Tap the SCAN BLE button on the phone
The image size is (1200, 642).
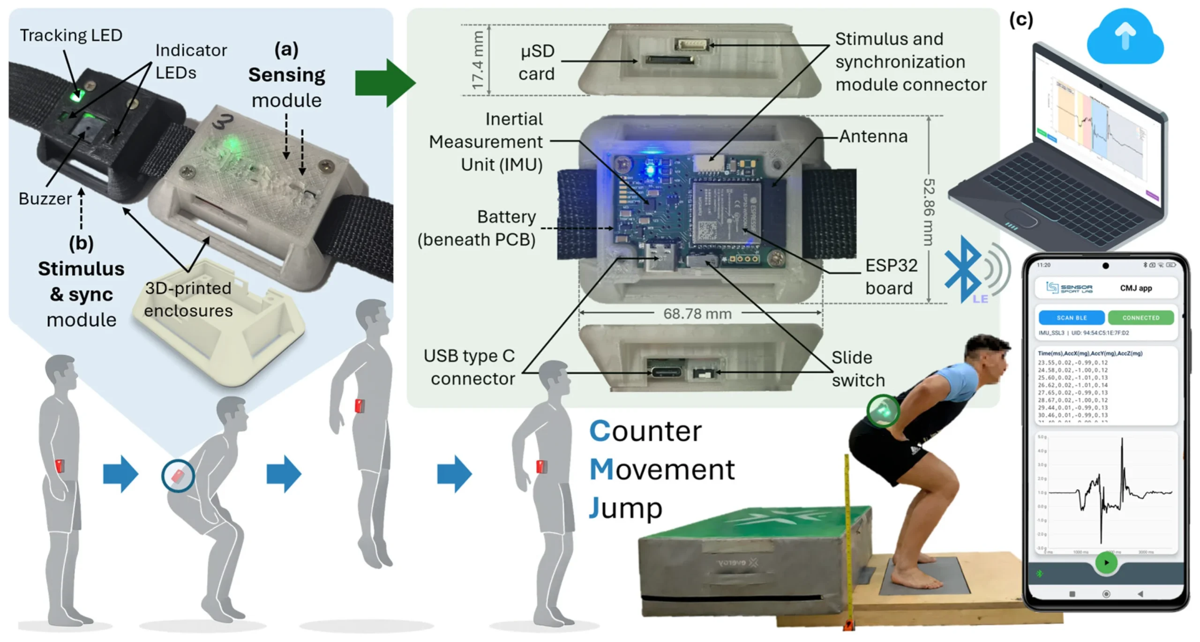click(x=1071, y=317)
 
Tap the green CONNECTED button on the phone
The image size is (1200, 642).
click(x=1140, y=317)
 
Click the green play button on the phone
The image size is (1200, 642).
click(x=1106, y=562)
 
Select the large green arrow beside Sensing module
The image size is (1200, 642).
click(x=384, y=82)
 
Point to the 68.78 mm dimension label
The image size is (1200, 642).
click(x=697, y=314)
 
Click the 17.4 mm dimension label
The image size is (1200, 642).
click(x=478, y=60)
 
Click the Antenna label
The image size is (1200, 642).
click(x=873, y=136)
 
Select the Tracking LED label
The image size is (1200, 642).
click(x=71, y=35)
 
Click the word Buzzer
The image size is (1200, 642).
click(x=45, y=199)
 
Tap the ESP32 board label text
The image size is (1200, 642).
click(x=890, y=276)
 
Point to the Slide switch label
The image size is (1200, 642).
click(x=858, y=369)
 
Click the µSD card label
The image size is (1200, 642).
click(x=537, y=62)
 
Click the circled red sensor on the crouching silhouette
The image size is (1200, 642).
click(x=178, y=476)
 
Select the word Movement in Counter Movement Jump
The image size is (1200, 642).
click(x=662, y=470)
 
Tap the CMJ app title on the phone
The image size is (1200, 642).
click(x=1135, y=288)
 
